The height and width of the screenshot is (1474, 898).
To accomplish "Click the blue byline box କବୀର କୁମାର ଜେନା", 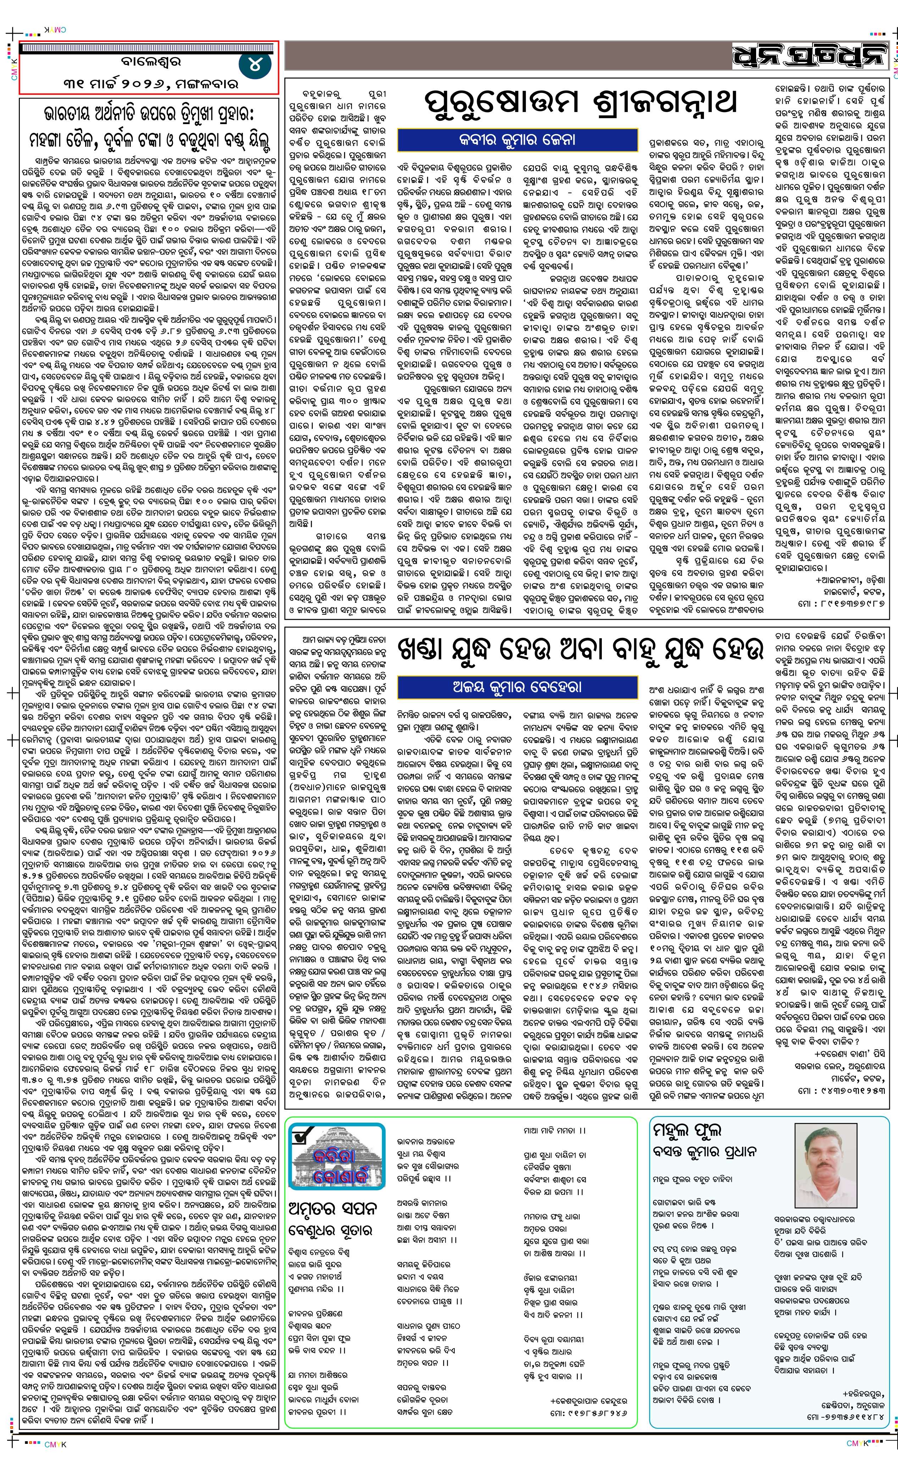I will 516,140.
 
